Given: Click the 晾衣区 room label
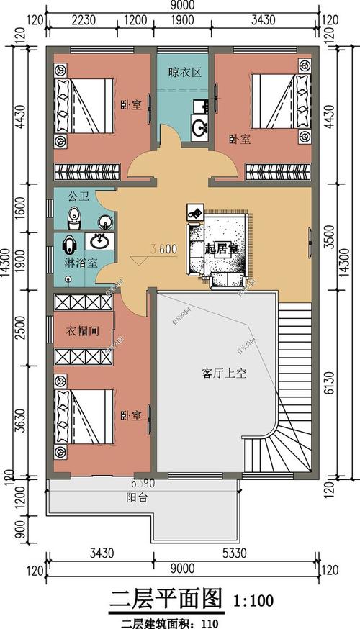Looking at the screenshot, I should click(185, 72).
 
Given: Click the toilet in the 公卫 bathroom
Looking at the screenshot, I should click(74, 216).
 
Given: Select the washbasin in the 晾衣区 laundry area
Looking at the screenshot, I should click(199, 129).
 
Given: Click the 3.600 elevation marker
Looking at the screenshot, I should click(163, 250).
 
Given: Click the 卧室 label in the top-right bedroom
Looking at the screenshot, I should click(239, 139).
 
